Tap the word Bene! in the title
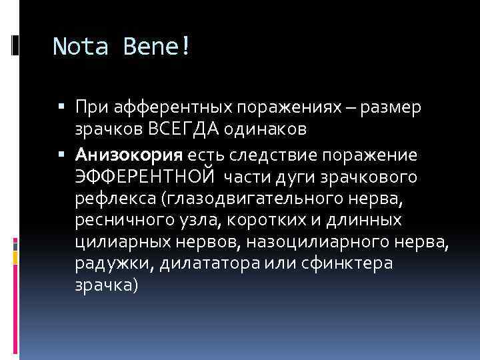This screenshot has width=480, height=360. tap(157, 46)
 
